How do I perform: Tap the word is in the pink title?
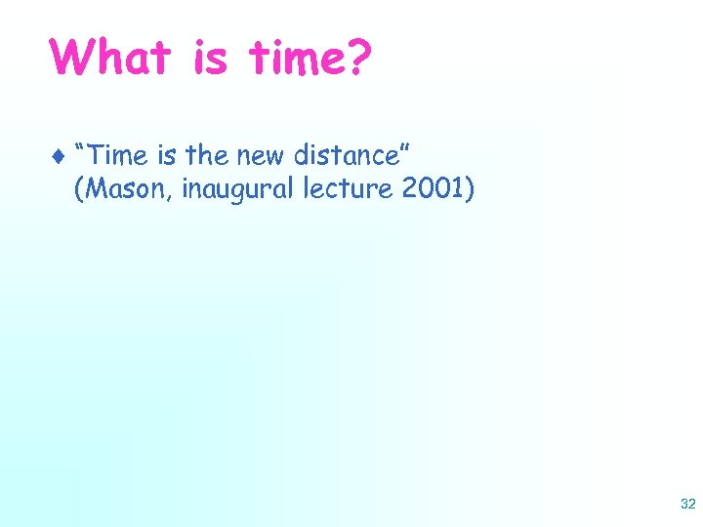[x=208, y=58]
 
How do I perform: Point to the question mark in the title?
[x=358, y=58]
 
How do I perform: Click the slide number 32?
[x=687, y=504]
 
